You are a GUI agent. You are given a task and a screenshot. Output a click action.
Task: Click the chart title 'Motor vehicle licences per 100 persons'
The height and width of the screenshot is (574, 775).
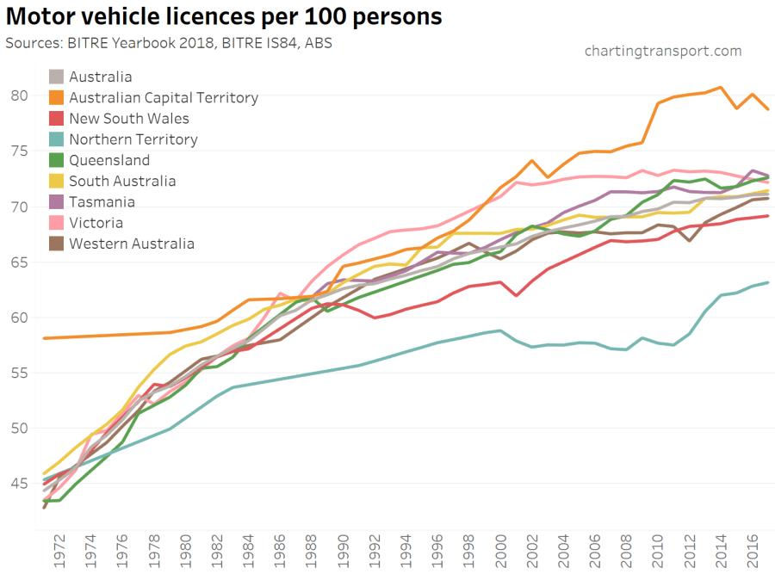coord(224,17)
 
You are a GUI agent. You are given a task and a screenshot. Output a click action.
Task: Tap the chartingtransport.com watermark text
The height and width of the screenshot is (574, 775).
coord(662,51)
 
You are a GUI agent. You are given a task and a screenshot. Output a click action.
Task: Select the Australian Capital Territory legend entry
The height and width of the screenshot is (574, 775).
coord(163,98)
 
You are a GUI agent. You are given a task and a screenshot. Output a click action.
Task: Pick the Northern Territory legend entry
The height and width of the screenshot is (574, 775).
coord(133,139)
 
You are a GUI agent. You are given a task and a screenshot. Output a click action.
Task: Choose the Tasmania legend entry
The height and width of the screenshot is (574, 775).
coord(102,202)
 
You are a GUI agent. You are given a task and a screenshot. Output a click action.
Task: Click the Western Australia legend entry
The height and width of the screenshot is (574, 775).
coord(131,244)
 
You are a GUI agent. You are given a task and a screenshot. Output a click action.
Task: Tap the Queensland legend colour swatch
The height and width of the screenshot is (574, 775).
coord(57,161)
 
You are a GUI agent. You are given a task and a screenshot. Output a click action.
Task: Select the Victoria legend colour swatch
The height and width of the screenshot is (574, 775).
coord(57,223)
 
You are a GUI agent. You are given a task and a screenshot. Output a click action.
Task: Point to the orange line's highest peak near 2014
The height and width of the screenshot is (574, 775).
coord(721,87)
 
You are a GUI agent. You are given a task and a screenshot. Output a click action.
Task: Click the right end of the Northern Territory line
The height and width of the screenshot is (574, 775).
coord(768,282)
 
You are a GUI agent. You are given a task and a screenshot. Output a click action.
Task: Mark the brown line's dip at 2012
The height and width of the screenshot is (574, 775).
coord(690,240)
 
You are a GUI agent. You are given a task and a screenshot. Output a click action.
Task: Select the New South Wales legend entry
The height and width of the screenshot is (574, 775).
coord(128,119)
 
